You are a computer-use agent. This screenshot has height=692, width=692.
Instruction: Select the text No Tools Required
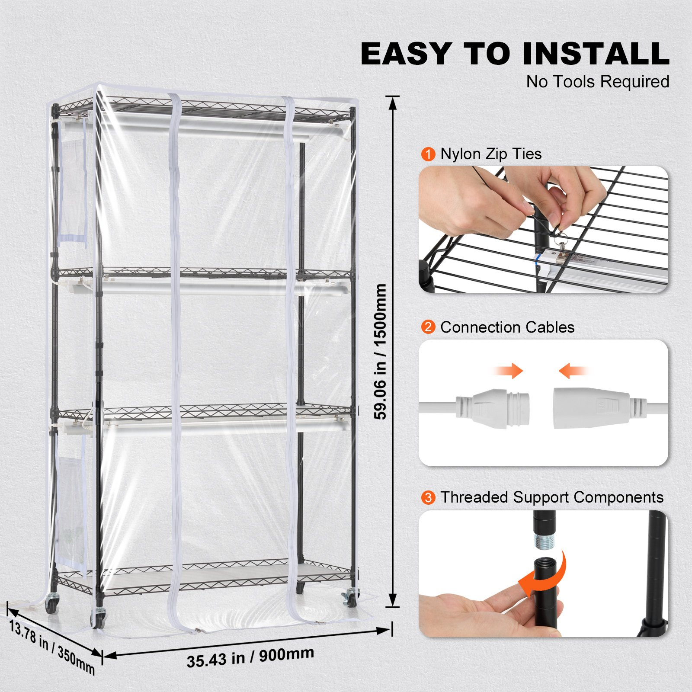click(598, 81)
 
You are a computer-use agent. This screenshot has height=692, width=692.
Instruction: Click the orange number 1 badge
click(428, 154)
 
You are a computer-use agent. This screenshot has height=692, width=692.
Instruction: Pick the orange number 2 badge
click(428, 327)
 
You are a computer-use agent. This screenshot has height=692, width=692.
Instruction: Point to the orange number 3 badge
click(428, 497)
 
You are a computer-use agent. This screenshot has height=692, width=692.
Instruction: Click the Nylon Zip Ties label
click(491, 154)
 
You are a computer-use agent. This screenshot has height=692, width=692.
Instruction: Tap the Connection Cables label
click(507, 327)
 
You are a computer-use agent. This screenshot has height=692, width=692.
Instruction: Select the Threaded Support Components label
click(552, 497)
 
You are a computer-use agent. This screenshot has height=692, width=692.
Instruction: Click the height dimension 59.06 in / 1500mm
click(380, 351)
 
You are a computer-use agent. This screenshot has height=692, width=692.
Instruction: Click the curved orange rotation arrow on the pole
click(546, 575)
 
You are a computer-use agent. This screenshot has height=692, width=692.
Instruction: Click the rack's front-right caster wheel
click(352, 599)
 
